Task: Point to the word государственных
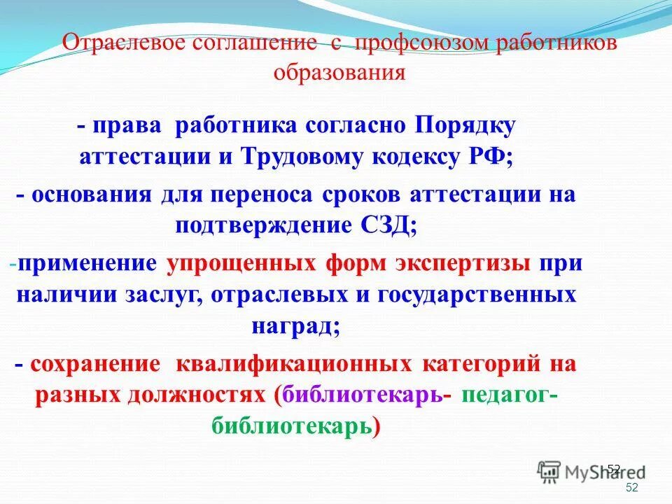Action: click(477, 295)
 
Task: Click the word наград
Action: click(293, 325)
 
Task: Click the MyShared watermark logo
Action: click(591, 473)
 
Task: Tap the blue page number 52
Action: click(632, 488)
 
